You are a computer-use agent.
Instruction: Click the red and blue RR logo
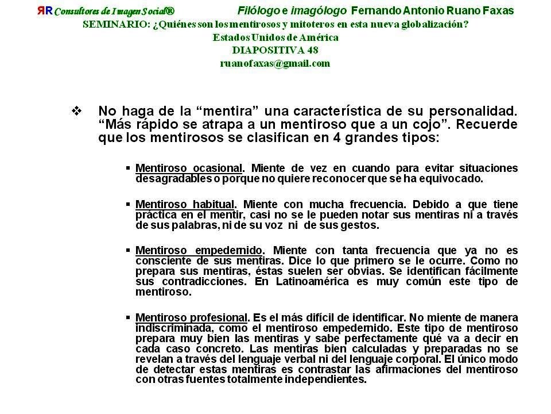coord(45,11)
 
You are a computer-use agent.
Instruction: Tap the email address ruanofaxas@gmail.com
coord(275,64)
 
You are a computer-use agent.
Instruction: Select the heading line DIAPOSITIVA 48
coord(275,51)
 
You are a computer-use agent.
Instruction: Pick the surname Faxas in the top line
coord(498,11)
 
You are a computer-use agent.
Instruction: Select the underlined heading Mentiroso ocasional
coord(189,168)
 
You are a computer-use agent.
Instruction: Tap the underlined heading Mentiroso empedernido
coord(199,251)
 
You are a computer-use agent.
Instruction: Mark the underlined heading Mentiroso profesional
coord(192,318)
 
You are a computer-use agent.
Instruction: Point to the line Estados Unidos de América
coord(275,37)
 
